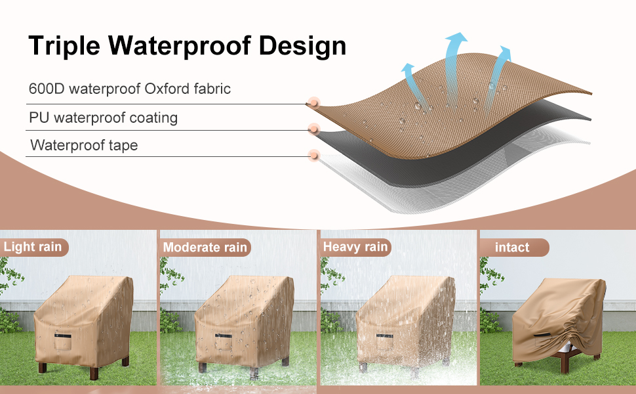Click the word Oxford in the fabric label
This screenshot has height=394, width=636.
coord(172,89)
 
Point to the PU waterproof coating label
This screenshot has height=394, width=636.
coord(103,118)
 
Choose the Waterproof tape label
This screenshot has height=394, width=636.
coord(84,145)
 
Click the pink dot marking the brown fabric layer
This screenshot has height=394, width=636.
coord(314,102)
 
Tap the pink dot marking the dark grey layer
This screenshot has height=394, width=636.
coord(314,129)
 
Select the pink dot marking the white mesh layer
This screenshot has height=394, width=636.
coord(314,156)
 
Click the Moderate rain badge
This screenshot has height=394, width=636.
coord(205,248)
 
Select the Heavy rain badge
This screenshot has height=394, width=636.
coord(355,247)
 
